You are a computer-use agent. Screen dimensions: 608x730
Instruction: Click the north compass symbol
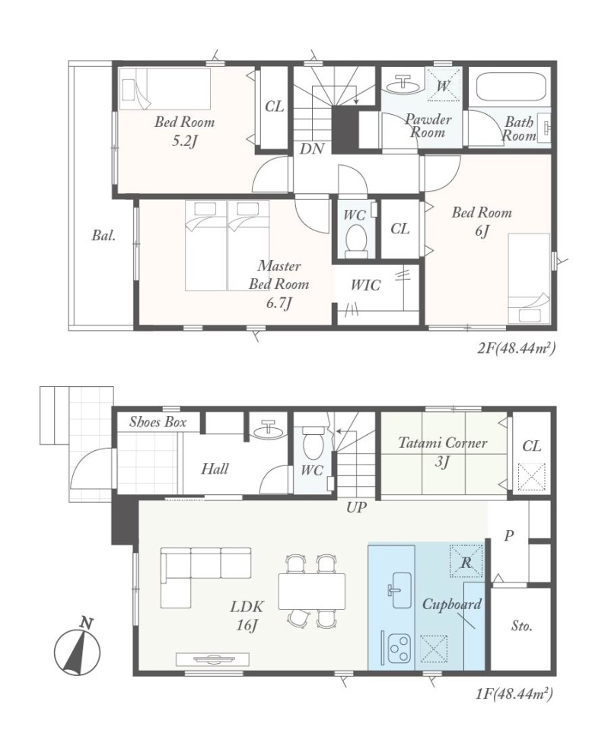(x=77, y=649)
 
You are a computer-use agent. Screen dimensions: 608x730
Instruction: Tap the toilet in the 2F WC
(x=358, y=241)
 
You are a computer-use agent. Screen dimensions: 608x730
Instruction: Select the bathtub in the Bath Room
(x=511, y=87)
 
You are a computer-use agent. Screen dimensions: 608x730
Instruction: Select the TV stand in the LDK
(x=212, y=659)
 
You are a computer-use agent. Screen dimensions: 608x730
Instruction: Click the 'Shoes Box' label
(x=158, y=422)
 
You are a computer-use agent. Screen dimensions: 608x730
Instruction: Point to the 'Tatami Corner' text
(x=442, y=443)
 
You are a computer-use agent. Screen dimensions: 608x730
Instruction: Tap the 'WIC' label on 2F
(x=366, y=285)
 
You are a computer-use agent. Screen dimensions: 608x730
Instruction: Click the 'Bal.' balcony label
(x=103, y=236)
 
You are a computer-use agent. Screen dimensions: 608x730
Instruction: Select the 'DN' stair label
(x=312, y=149)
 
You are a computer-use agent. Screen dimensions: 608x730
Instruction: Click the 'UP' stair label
(x=356, y=507)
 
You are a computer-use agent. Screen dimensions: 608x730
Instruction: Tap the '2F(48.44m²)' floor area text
(x=516, y=348)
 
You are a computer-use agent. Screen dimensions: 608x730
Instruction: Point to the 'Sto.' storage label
(x=521, y=626)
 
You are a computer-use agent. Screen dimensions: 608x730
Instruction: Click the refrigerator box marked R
(x=466, y=561)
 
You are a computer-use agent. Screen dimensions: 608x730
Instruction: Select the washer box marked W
(x=444, y=84)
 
